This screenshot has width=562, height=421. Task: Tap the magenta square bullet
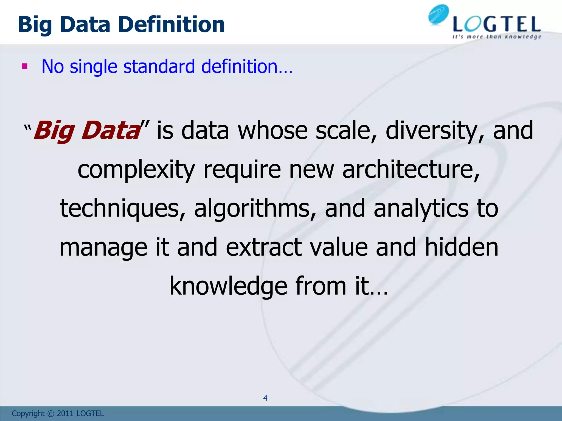pos(25,66)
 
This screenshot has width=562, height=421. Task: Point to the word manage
pos(103,248)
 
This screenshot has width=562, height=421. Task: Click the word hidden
pos(462,247)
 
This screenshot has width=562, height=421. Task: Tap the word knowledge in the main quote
pos(228,287)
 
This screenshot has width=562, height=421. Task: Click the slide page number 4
pos(265,398)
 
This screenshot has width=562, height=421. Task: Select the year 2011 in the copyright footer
pos(65,414)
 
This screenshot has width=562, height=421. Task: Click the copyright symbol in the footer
pos(50,414)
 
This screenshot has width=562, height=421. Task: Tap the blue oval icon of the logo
pos(439,15)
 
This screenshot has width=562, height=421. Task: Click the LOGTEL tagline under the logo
pos(497,37)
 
